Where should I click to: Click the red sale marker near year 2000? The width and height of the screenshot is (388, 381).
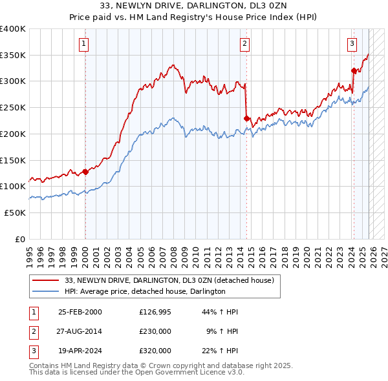point(85,172)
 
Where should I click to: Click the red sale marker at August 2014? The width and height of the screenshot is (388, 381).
point(246,118)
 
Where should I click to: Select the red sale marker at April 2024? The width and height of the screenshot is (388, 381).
point(354,71)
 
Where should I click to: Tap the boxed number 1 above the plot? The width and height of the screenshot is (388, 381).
point(85,44)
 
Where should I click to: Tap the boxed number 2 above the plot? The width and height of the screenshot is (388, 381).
point(245,44)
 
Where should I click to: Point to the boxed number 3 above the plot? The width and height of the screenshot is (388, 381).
point(352,44)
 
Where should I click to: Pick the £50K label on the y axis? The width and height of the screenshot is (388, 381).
point(15,212)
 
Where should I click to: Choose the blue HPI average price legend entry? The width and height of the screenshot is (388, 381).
point(145,291)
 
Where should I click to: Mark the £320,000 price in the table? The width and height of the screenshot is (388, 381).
point(155,351)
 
